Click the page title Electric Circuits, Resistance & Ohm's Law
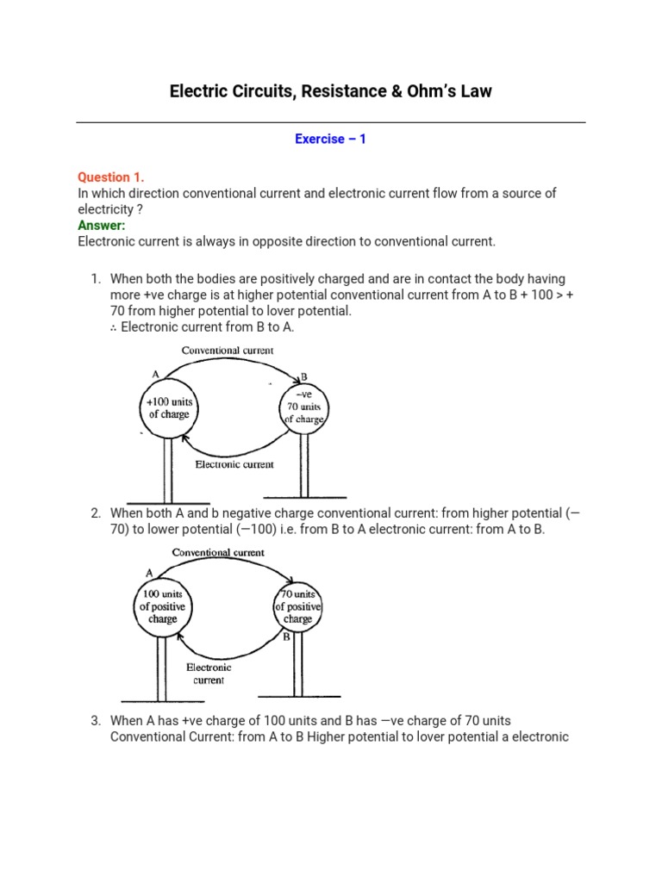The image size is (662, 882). pyautogui.click(x=330, y=90)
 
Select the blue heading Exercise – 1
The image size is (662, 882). pyautogui.click(x=330, y=139)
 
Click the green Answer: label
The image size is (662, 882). pyautogui.click(x=102, y=226)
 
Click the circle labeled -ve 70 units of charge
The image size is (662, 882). pyautogui.click(x=303, y=407)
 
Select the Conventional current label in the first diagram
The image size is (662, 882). pyautogui.click(x=228, y=351)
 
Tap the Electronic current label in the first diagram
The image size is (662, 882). pyautogui.click(x=234, y=464)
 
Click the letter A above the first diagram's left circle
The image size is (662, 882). pyautogui.click(x=156, y=375)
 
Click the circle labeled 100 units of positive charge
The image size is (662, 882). pyautogui.click(x=162, y=606)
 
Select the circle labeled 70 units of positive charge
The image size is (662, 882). pyautogui.click(x=297, y=606)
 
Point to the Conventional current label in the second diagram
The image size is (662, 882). pyautogui.click(x=218, y=552)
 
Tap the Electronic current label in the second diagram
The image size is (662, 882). pyautogui.click(x=209, y=673)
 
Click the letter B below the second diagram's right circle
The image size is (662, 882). pyautogui.click(x=286, y=639)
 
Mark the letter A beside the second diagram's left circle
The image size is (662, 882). pyautogui.click(x=149, y=573)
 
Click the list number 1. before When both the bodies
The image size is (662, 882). pyautogui.click(x=97, y=279)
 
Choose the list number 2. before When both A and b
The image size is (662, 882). pyautogui.click(x=97, y=513)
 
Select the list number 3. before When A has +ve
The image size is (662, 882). pyautogui.click(x=97, y=721)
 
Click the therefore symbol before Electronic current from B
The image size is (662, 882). pyautogui.click(x=115, y=326)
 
